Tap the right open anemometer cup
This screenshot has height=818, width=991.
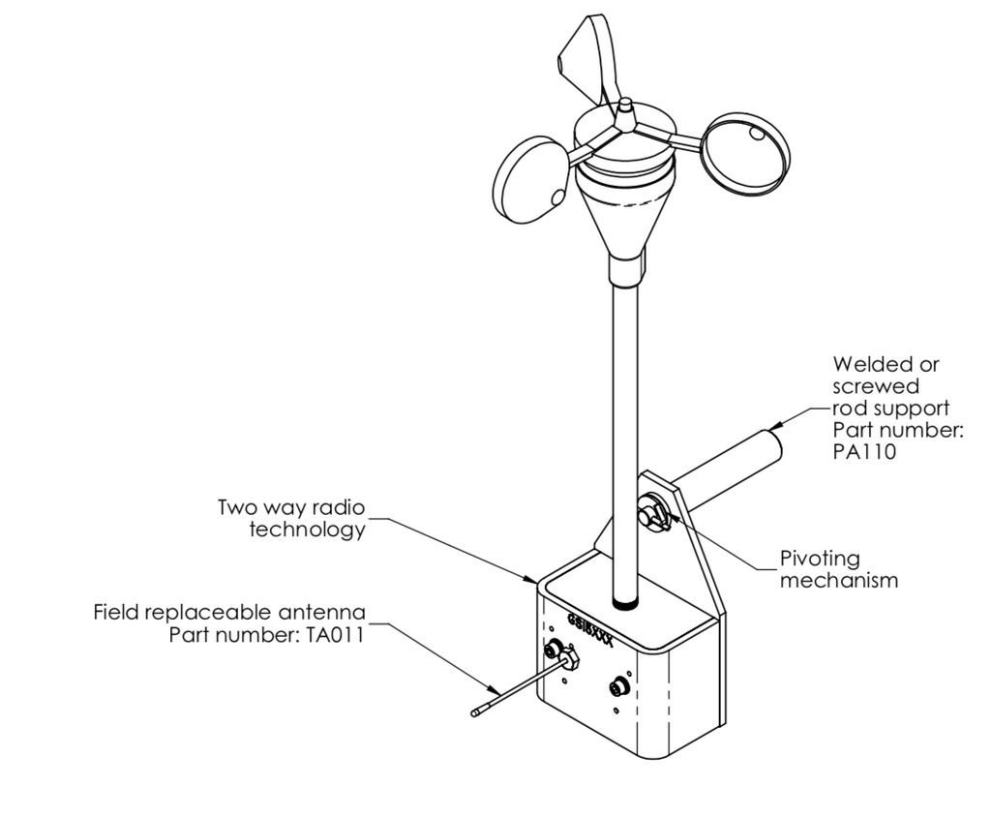(x=747, y=155)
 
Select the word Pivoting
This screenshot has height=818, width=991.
(x=819, y=560)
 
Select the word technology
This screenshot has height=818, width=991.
(x=308, y=530)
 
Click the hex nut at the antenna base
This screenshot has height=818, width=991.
(x=568, y=658)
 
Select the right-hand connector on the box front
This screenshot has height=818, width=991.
(x=616, y=688)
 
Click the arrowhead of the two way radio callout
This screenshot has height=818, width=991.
(x=534, y=580)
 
